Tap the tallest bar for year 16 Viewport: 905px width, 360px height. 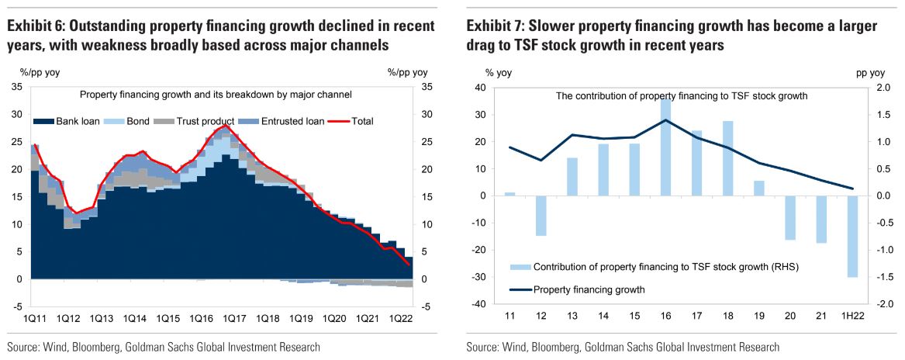pyautogui.click(x=665, y=147)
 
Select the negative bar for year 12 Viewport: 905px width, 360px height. pyautogui.click(x=541, y=216)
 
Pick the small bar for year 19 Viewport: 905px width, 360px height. pyautogui.click(x=758, y=189)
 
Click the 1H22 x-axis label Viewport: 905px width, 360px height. pyautogui.click(x=851, y=318)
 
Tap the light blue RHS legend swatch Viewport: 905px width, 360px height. pyautogui.click(x=520, y=267)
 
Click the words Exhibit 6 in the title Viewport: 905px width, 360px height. pyautogui.click(x=36, y=26)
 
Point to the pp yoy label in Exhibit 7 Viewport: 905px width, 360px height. pyautogui.click(x=869, y=73)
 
